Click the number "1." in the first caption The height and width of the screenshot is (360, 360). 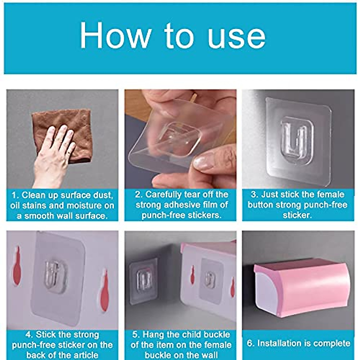point(15,196)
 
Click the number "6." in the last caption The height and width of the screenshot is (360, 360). point(250,343)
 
